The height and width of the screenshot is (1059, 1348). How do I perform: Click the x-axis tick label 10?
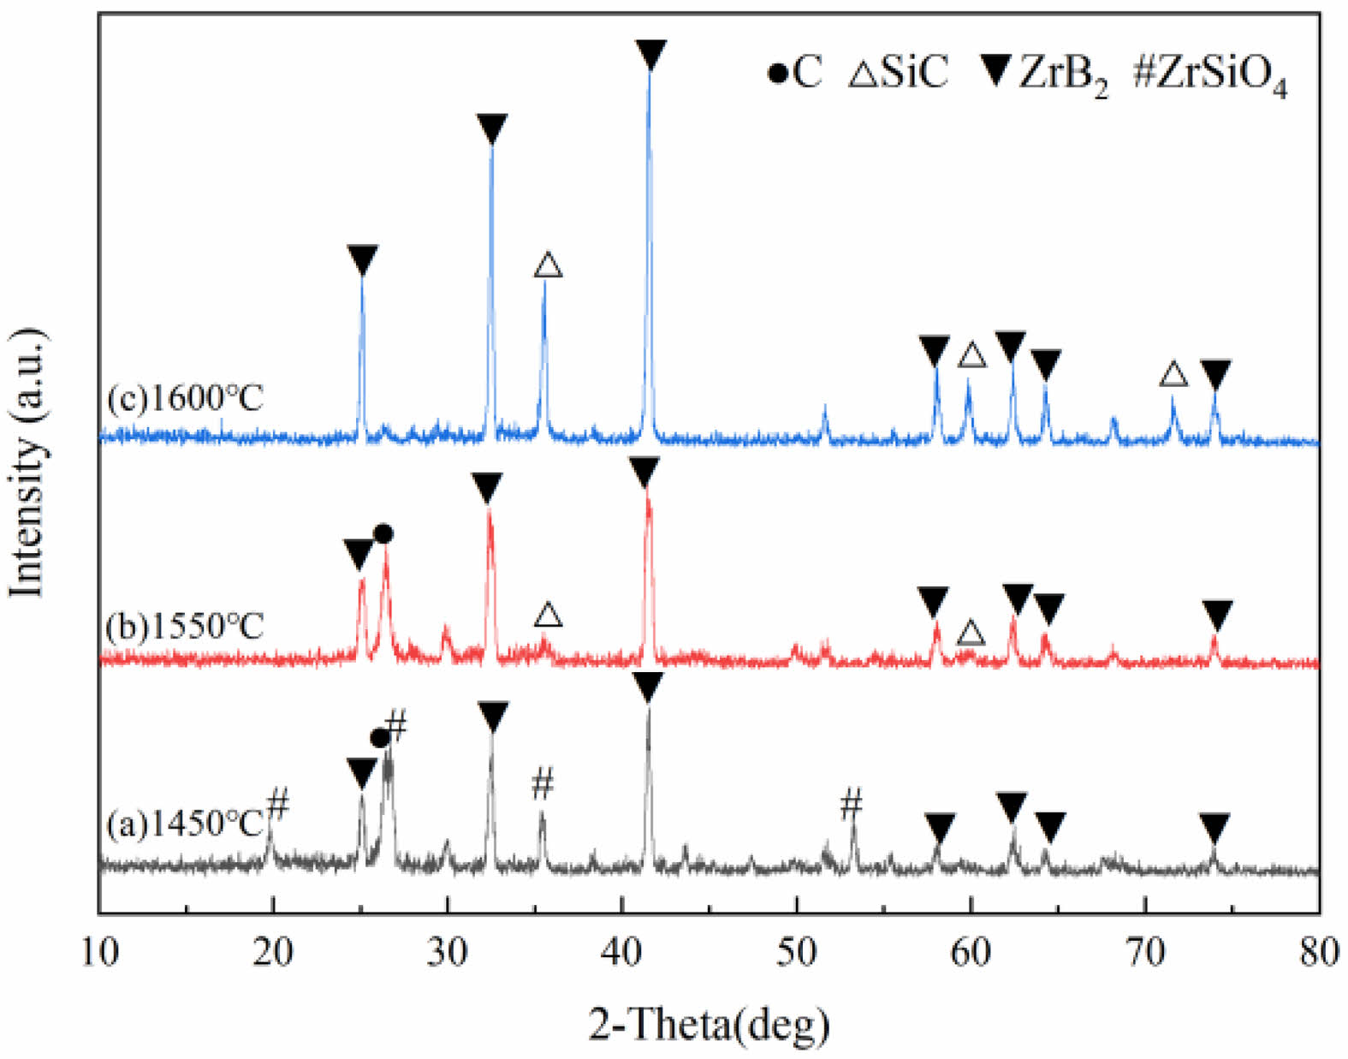pyautogui.click(x=99, y=952)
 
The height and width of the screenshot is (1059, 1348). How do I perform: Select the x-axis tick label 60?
pyautogui.click(x=971, y=952)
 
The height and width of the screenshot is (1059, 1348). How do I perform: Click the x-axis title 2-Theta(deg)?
pyautogui.click(x=709, y=1021)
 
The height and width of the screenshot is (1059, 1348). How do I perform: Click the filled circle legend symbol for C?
pyautogui.click(x=777, y=74)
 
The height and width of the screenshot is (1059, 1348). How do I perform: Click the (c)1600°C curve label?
pyautogui.click(x=185, y=398)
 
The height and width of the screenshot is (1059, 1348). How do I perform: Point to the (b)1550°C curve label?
pyautogui.click(x=185, y=626)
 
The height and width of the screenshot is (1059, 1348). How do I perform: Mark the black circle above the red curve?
pyautogui.click(x=383, y=534)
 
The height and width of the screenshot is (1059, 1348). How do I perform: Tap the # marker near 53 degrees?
pyautogui.click(x=851, y=804)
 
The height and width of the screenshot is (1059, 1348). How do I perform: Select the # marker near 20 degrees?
pyautogui.click(x=279, y=804)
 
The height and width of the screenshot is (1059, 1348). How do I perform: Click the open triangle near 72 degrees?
pyautogui.click(x=1173, y=374)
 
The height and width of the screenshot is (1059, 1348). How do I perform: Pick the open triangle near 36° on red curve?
pyautogui.click(x=548, y=615)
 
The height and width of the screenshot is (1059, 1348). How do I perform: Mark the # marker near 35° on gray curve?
pyautogui.click(x=543, y=783)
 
